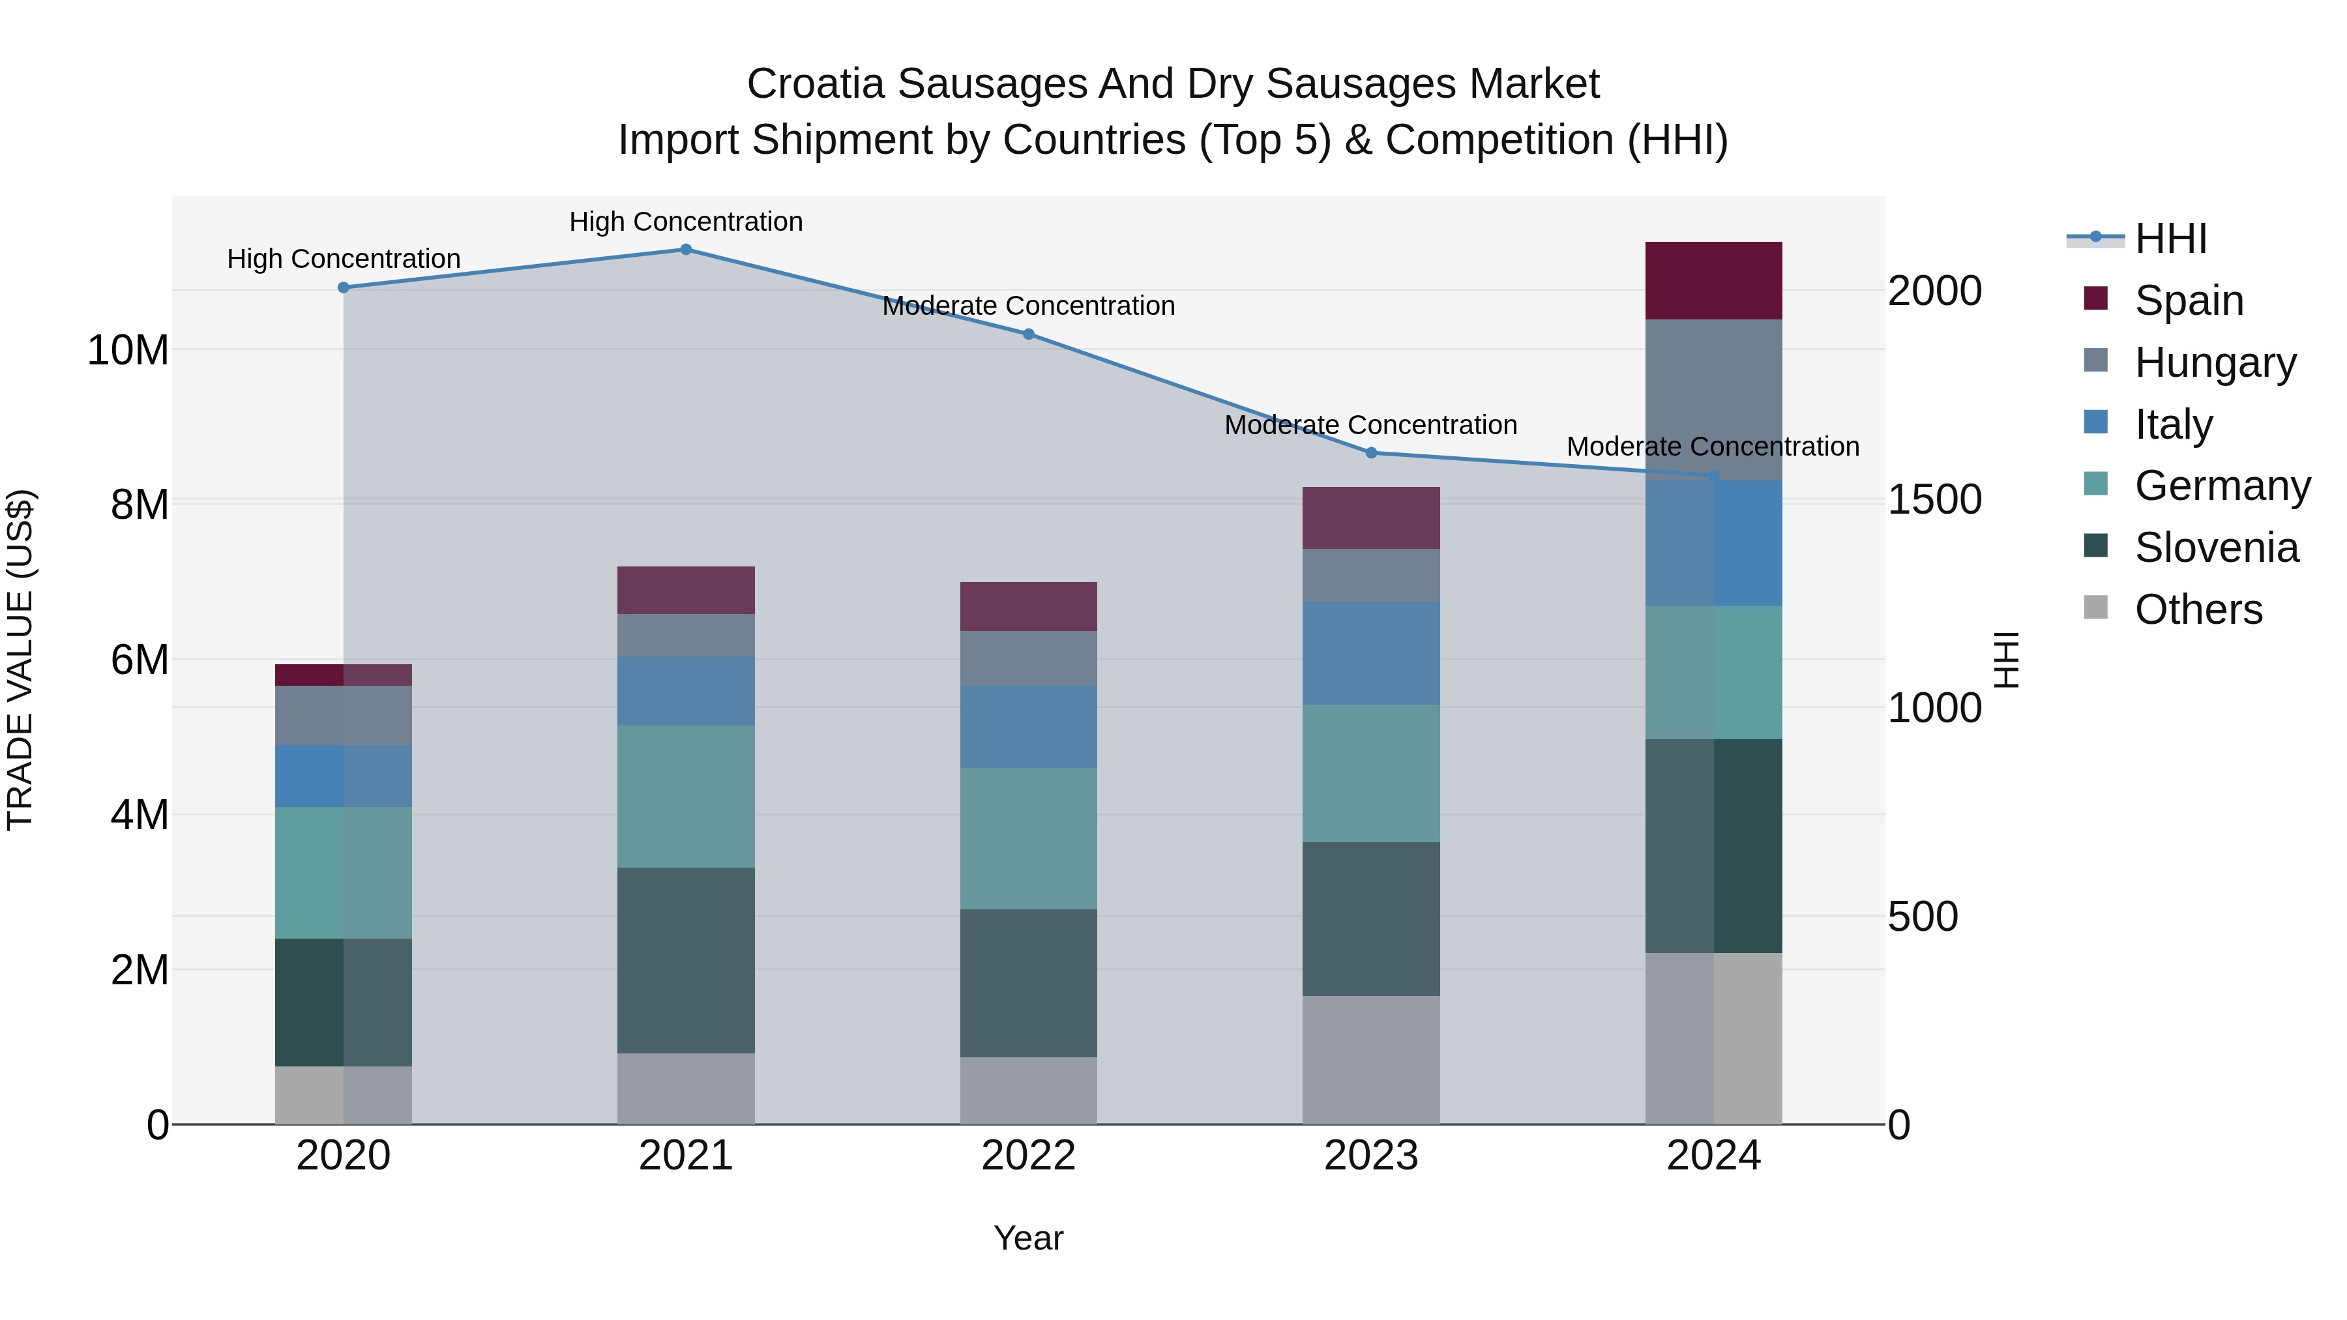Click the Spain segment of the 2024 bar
click(1713, 280)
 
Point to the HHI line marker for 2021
click(685, 250)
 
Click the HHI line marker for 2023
click(1370, 453)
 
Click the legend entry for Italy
click(2172, 424)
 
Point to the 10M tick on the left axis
click(128, 350)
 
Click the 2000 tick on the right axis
click(1934, 291)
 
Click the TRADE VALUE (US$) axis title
click(20, 660)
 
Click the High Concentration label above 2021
click(685, 222)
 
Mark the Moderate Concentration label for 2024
click(1712, 447)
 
